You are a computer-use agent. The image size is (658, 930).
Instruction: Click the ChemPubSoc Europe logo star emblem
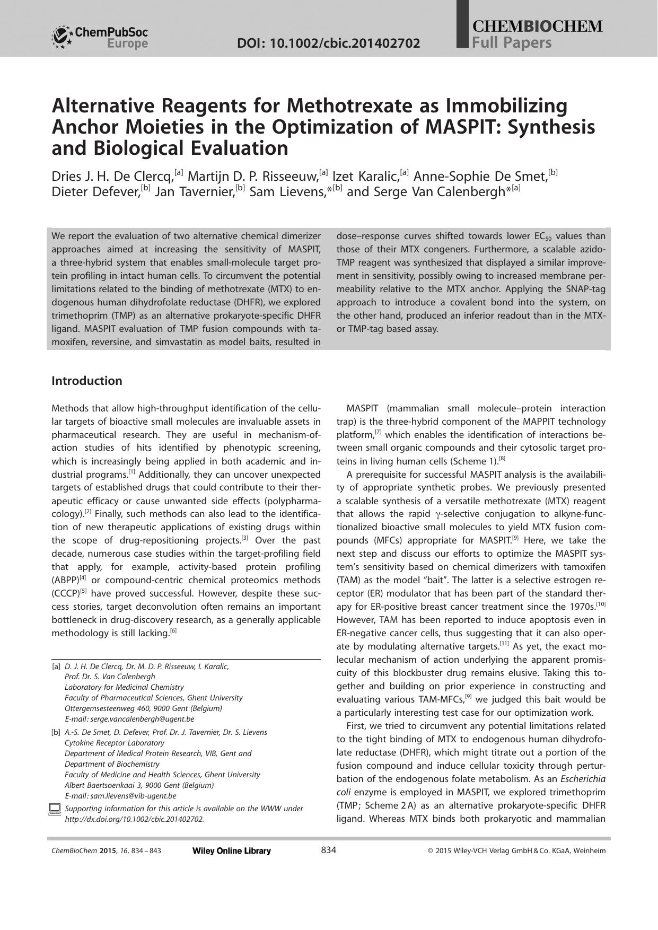[62, 37]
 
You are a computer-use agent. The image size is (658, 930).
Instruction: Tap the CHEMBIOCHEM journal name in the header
[537, 26]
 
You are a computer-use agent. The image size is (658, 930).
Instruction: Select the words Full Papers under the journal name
[512, 43]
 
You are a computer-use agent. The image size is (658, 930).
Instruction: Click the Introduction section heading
[86, 381]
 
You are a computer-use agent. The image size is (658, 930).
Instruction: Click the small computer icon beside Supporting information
[55, 809]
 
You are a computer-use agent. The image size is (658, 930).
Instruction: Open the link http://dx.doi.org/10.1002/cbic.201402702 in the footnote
[134, 819]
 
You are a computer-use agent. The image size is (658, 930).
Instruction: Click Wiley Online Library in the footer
[231, 851]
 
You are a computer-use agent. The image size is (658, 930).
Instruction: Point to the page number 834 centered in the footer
[329, 850]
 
